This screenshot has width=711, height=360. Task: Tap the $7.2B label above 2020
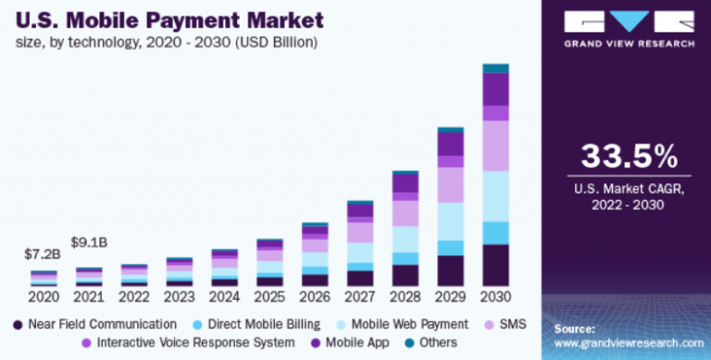pyautogui.click(x=43, y=254)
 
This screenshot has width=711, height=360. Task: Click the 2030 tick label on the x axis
pyautogui.click(x=495, y=299)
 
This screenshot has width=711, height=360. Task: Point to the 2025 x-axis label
pyautogui.click(x=269, y=299)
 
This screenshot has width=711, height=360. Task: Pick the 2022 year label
pyautogui.click(x=133, y=299)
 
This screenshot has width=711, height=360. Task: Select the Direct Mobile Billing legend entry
pyautogui.click(x=256, y=324)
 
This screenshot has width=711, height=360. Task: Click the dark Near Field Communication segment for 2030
pyautogui.click(x=495, y=266)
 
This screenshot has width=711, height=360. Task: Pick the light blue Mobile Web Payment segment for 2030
pyautogui.click(x=495, y=196)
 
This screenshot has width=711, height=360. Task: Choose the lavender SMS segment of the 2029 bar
pyautogui.click(x=450, y=185)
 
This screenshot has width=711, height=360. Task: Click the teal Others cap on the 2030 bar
pyautogui.click(x=495, y=68)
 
